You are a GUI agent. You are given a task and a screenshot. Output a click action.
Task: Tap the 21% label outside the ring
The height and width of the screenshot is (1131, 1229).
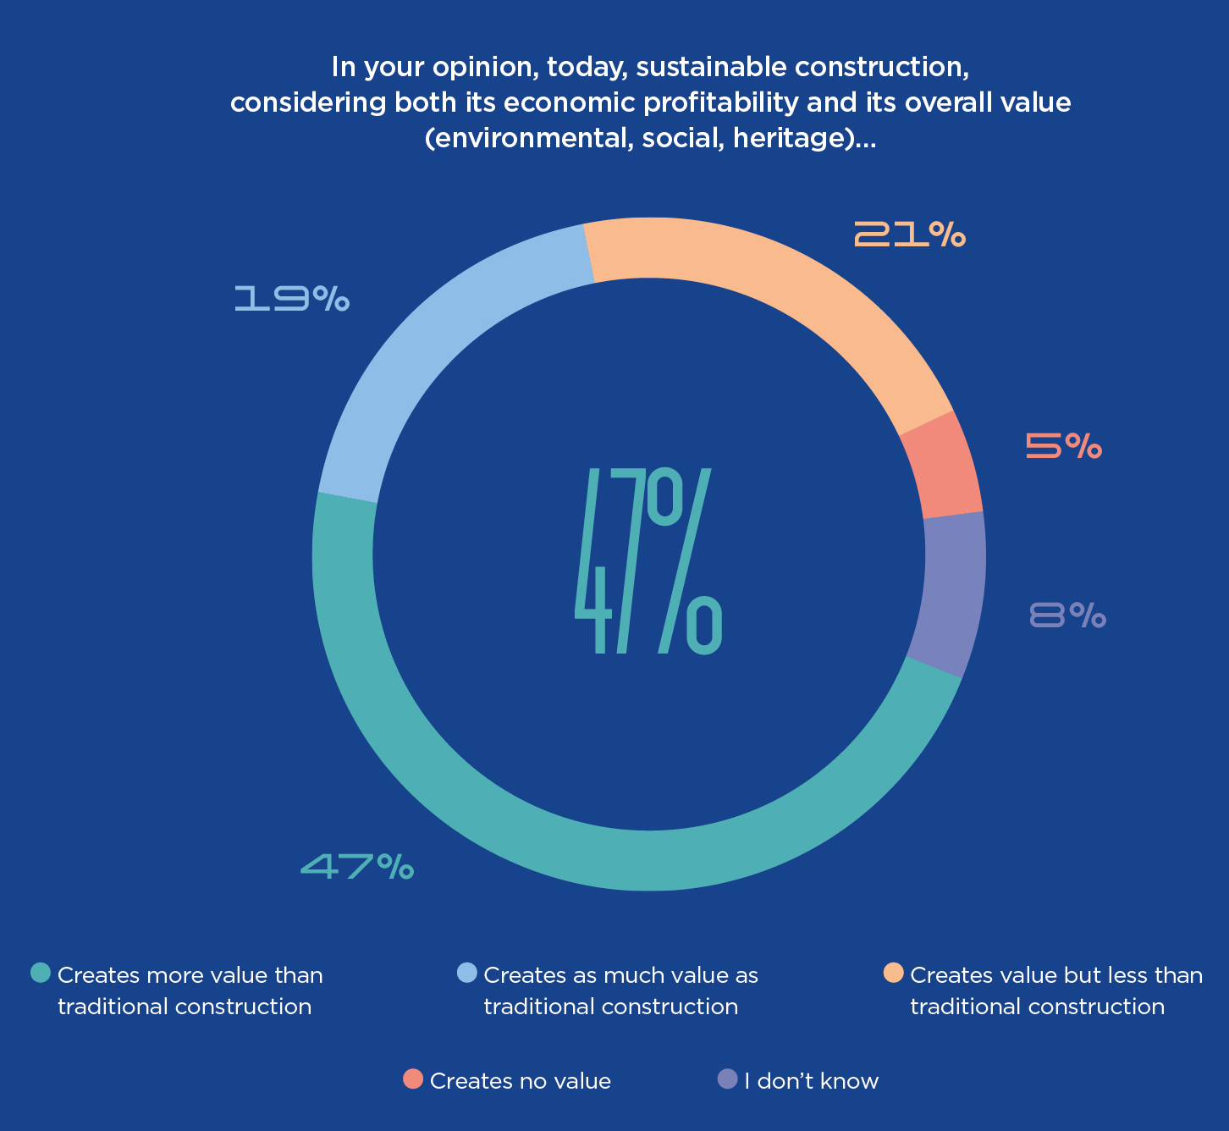909,234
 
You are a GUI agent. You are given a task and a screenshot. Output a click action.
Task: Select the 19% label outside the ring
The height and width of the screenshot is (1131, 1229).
291,299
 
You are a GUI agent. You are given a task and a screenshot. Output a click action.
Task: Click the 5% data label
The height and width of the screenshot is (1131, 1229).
1063,445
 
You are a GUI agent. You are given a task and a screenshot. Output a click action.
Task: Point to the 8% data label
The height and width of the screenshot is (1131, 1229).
1067,615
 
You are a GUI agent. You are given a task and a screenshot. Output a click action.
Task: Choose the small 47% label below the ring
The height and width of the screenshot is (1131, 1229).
357,866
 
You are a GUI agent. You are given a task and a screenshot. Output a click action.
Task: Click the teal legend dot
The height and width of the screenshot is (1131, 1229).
41,974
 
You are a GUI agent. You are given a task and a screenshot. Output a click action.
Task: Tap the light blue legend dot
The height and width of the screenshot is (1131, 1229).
466,974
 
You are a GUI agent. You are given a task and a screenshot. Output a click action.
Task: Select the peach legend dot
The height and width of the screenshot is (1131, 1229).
893,974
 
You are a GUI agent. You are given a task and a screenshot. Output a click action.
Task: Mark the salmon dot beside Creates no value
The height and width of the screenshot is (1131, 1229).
413,1079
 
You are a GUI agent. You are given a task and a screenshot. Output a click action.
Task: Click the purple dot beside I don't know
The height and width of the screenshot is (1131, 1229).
727,1079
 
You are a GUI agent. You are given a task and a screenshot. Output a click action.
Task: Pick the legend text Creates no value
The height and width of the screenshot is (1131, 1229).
520,1081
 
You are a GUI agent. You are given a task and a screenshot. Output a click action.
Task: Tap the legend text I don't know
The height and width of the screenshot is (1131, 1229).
811,1081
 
